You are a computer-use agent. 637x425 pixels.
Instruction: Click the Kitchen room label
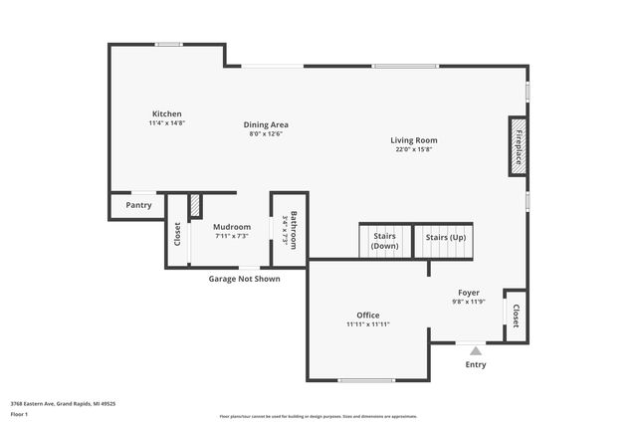(x=166, y=113)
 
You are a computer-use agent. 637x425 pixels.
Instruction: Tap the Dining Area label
(x=266, y=124)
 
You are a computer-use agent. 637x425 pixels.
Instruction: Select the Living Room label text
(x=413, y=140)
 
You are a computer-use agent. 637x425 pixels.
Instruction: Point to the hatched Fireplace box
(x=518, y=146)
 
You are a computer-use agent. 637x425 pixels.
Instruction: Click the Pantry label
(x=138, y=205)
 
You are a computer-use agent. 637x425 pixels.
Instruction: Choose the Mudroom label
(x=232, y=227)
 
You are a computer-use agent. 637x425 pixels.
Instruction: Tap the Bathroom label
(x=294, y=228)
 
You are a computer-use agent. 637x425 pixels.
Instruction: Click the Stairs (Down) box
(x=385, y=241)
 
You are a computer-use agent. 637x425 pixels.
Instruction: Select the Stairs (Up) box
(x=444, y=240)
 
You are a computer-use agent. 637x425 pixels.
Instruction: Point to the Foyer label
(x=468, y=293)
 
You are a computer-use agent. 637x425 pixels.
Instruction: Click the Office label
(x=367, y=315)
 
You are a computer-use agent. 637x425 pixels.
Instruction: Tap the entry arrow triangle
(x=476, y=350)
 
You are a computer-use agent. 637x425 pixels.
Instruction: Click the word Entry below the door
(x=476, y=364)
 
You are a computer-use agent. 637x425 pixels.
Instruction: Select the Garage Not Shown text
(x=244, y=279)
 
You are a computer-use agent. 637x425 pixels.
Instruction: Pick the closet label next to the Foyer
(x=516, y=316)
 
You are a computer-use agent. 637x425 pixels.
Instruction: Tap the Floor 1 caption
(x=19, y=414)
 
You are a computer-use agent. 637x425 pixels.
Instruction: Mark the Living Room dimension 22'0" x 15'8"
(x=413, y=150)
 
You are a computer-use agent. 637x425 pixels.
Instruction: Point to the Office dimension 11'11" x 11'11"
(x=367, y=324)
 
